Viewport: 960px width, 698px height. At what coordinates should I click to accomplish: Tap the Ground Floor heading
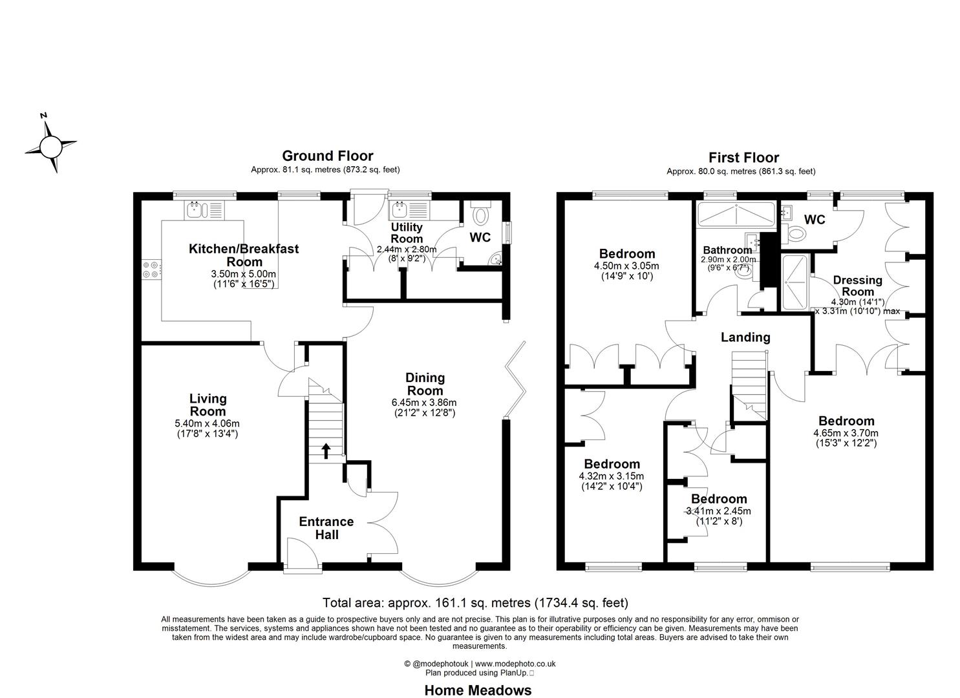[x=327, y=156]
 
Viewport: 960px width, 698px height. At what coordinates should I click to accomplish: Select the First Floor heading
[x=743, y=157]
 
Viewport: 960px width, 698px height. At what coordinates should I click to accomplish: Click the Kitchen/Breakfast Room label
[x=244, y=255]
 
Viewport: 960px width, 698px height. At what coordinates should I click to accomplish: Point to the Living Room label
[x=208, y=405]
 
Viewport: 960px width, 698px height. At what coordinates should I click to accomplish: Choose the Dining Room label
[x=424, y=384]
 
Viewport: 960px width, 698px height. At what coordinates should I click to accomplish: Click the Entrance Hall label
[x=326, y=527]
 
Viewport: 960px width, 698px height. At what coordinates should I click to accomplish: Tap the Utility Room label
[x=407, y=233]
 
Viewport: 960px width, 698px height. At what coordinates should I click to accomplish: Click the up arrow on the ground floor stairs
[x=325, y=450]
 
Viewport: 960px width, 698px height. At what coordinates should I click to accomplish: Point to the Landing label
[x=745, y=337]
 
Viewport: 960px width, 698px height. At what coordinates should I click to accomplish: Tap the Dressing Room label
[x=857, y=286]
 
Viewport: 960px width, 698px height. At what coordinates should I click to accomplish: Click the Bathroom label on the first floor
[x=727, y=250]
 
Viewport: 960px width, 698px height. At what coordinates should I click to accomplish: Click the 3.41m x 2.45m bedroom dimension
[x=718, y=511]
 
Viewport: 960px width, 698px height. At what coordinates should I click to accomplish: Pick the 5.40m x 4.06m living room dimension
[x=208, y=424]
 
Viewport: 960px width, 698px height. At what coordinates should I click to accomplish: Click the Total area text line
[x=475, y=603]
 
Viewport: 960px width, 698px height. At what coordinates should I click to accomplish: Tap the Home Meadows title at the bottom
[x=478, y=690]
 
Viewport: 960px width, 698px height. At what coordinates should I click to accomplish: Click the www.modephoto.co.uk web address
[x=515, y=663]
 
